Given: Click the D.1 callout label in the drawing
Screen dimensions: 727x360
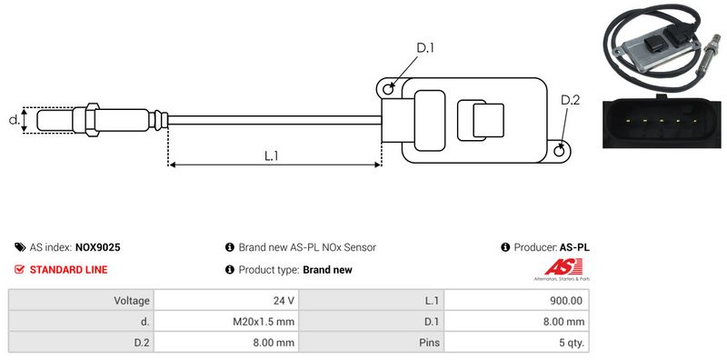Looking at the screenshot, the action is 424,48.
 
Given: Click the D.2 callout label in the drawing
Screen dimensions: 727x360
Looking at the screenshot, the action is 570,100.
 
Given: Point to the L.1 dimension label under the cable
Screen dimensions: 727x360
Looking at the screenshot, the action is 271,155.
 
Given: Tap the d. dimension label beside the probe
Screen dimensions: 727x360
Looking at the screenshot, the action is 15,120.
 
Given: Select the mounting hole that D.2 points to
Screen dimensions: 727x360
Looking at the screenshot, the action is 560,149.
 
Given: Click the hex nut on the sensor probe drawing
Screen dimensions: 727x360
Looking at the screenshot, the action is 93,120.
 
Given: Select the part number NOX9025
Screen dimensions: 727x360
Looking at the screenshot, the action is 98,247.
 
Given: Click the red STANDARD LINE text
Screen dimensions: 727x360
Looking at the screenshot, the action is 69,269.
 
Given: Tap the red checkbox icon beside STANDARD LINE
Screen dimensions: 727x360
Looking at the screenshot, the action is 19,269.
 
